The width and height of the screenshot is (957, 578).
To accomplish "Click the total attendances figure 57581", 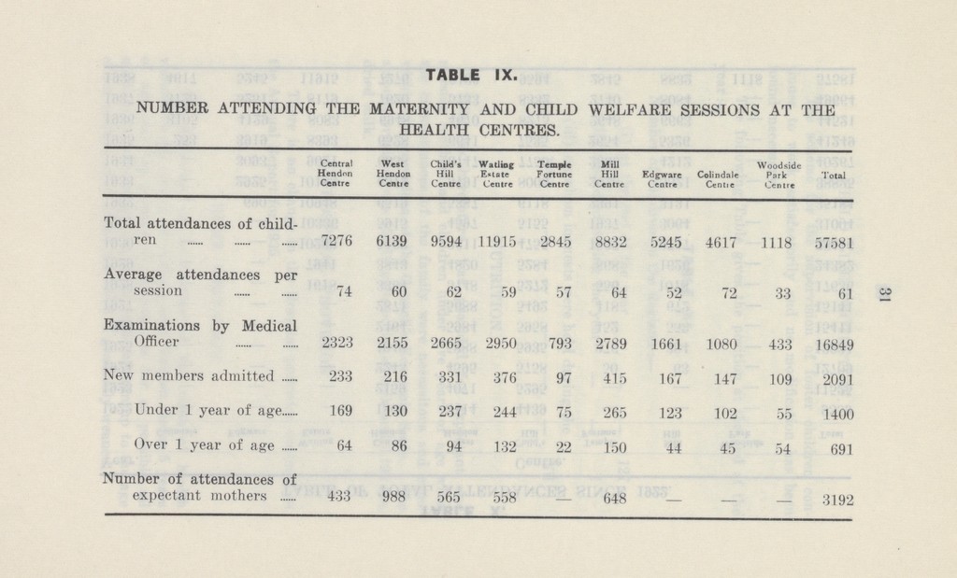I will point(830,242).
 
